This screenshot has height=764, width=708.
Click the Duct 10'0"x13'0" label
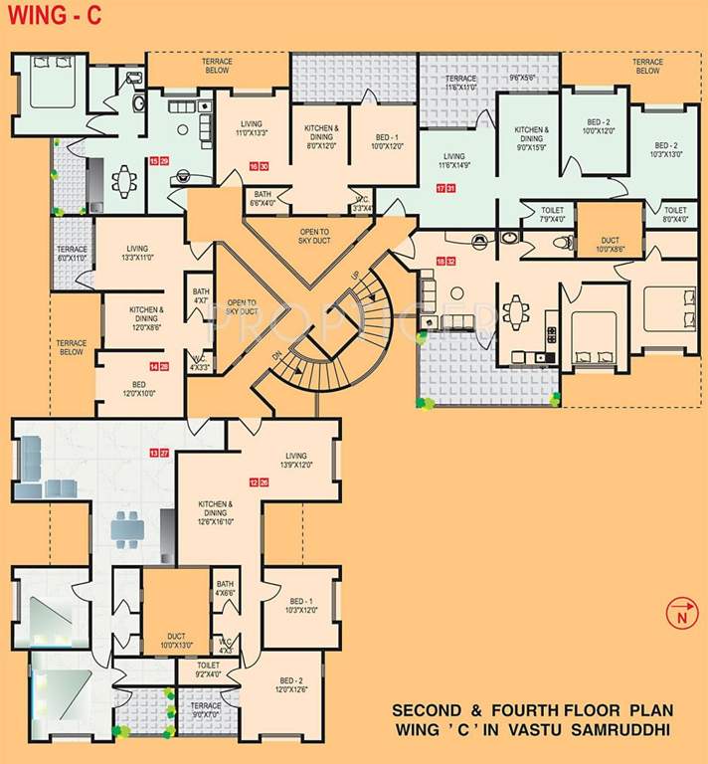pyautogui.click(x=176, y=640)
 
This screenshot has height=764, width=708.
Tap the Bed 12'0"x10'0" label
pyautogui.click(x=138, y=389)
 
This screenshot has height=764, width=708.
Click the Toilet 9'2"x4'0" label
pyautogui.click(x=209, y=668)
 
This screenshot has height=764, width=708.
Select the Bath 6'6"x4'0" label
pyautogui.click(x=264, y=198)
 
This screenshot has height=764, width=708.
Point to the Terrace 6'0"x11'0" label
pyautogui.click(x=73, y=254)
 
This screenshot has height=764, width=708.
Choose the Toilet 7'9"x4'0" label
pyautogui.click(x=552, y=216)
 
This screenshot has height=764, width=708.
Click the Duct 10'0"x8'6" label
pyautogui.click(x=611, y=244)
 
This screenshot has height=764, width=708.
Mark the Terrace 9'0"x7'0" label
pyautogui.click(x=206, y=709)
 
